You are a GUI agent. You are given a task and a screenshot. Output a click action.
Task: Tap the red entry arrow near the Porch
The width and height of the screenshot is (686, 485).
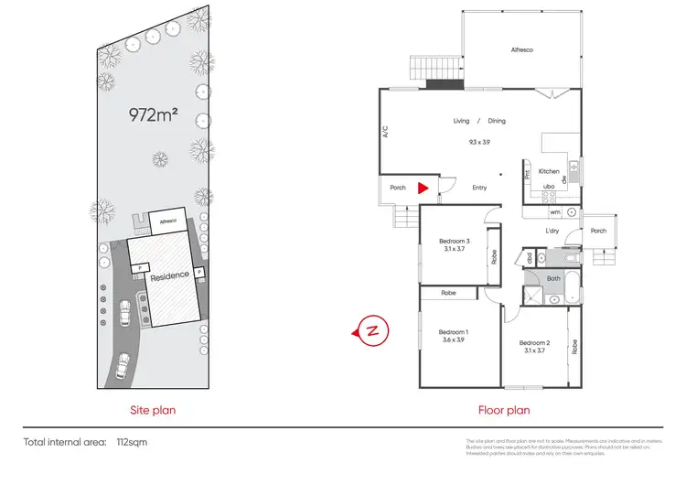(x=422, y=189)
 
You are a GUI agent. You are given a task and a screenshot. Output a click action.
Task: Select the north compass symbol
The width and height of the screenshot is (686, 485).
(x=372, y=329)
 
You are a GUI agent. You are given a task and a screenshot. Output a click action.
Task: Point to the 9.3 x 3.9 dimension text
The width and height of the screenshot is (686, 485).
(x=478, y=142)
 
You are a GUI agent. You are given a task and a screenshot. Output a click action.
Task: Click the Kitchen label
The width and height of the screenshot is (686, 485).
(x=549, y=171)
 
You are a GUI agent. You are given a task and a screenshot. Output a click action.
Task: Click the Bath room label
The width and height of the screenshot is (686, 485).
(x=553, y=277)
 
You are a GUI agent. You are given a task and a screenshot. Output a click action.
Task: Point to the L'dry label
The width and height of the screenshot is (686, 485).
(x=552, y=231)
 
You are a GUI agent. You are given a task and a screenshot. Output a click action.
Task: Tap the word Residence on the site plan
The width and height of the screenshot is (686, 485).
(x=171, y=275)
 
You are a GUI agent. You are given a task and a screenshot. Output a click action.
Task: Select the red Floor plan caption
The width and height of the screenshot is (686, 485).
(x=504, y=411)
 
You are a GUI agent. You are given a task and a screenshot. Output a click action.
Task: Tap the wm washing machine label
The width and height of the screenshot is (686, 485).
(x=554, y=212)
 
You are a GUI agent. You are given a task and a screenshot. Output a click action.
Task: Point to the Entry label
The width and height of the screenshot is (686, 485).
(x=479, y=189)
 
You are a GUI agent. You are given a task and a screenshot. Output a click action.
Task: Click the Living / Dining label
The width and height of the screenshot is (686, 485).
(x=478, y=121)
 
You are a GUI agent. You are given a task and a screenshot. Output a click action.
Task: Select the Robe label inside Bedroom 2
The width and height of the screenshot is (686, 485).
(x=574, y=347)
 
